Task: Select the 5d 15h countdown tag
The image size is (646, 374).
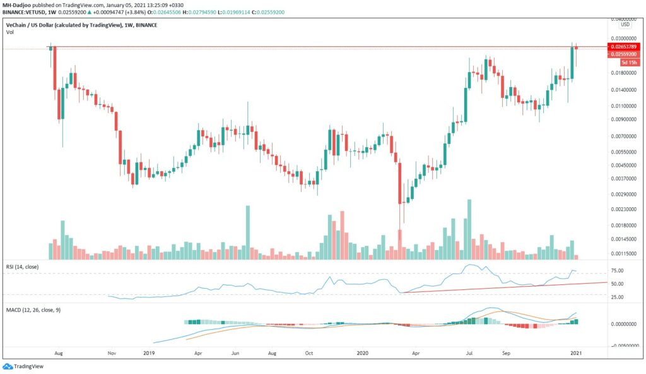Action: (628, 63)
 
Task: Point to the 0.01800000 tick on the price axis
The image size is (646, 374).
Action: (624, 73)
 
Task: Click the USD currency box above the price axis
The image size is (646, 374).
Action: (625, 25)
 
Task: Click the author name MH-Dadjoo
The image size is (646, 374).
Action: (17, 5)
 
